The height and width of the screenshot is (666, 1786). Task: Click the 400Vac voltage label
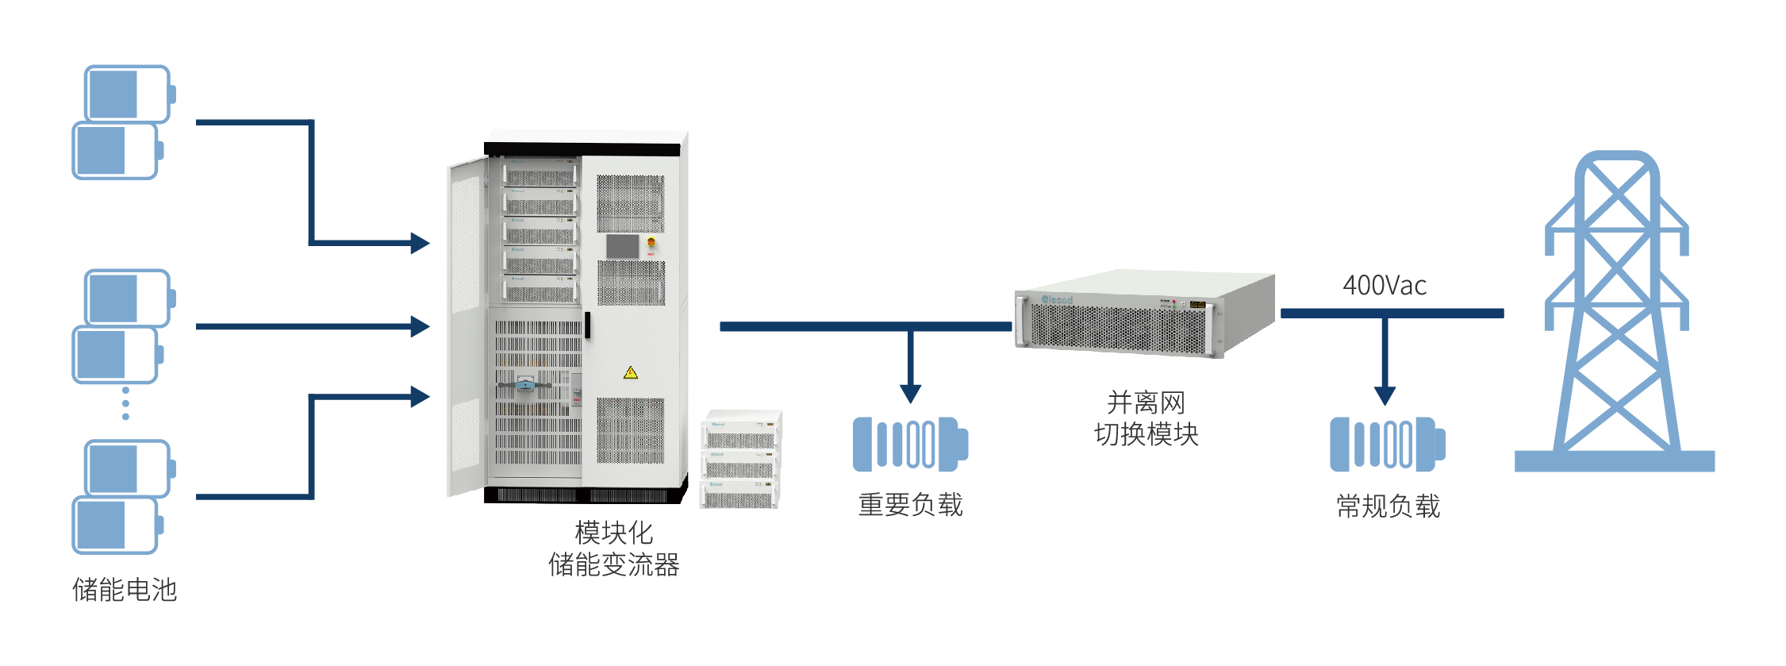(1384, 286)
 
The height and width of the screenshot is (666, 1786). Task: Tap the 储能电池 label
(125, 590)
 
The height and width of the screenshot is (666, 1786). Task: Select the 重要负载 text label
(910, 505)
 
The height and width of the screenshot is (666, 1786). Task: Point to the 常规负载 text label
(1388, 506)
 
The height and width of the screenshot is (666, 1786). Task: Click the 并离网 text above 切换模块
(1146, 402)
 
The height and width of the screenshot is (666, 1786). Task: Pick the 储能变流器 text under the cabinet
(613, 565)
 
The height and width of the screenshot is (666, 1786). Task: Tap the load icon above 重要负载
(910, 444)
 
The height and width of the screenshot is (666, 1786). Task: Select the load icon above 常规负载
(1387, 444)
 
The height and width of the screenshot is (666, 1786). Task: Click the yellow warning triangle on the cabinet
(631, 372)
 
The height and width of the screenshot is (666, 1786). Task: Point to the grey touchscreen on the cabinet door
(622, 246)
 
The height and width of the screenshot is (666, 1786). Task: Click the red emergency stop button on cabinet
(651, 242)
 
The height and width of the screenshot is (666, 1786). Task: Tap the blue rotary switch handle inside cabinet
(524, 386)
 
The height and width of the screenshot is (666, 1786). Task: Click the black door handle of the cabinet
(587, 325)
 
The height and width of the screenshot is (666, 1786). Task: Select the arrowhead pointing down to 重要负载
(910, 394)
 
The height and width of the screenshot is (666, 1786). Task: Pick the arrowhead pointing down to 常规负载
(1385, 395)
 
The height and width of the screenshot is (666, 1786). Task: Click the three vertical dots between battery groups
(125, 403)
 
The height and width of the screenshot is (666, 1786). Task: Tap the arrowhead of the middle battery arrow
(420, 326)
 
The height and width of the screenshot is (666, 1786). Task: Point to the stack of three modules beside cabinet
(741, 460)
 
